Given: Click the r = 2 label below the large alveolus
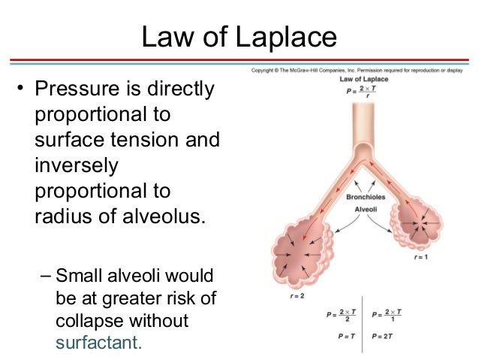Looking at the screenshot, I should pyautogui.click(x=281, y=295).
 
